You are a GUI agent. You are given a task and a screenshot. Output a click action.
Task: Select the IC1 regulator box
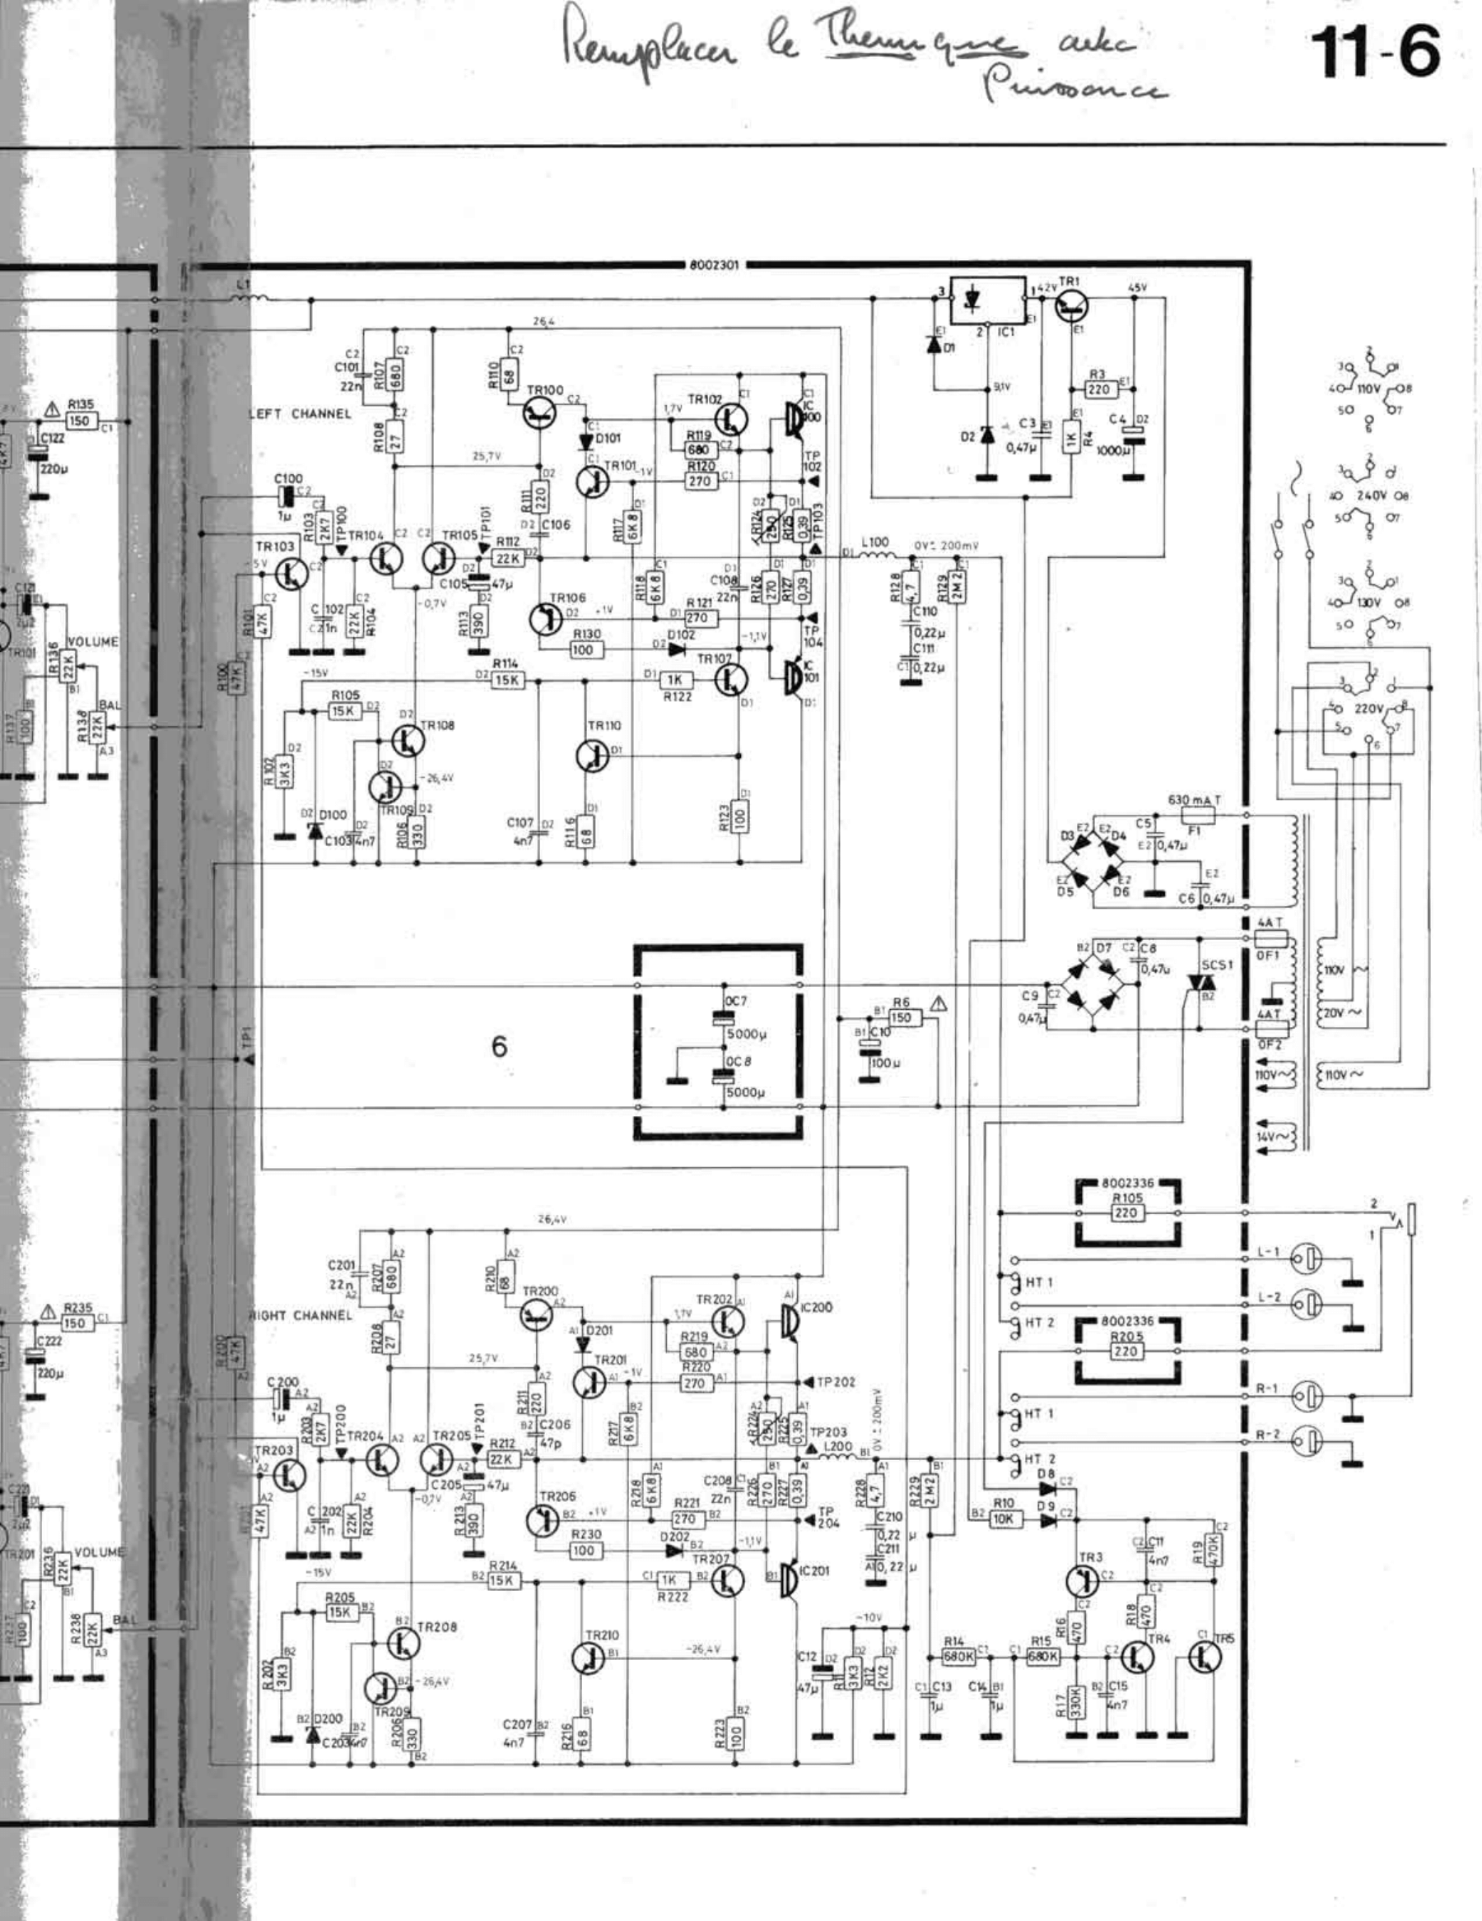click(986, 300)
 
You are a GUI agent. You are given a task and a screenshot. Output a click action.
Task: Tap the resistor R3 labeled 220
click(1098, 388)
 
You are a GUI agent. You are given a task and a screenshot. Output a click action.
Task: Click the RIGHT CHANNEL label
click(299, 1316)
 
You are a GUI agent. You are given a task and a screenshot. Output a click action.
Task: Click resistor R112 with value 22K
click(507, 558)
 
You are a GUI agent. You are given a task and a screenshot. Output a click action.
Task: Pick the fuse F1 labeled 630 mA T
click(1194, 816)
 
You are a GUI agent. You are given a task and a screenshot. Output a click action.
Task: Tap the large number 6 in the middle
click(499, 1047)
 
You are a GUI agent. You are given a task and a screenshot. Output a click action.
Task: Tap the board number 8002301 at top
click(714, 264)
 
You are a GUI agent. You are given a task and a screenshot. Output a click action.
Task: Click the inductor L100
click(877, 556)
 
